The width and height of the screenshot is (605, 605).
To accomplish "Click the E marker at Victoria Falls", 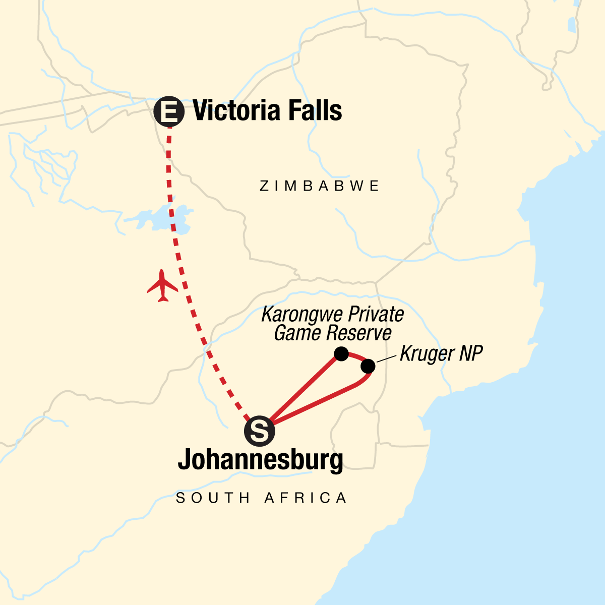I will coord(168,111).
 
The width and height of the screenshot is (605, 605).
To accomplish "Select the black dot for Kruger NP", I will coord(368,366).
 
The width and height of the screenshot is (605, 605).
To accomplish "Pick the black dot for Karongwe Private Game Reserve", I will coord(341,354).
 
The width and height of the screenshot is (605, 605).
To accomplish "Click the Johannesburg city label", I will coord(260,460).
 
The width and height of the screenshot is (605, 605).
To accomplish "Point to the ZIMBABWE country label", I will coord(320,186).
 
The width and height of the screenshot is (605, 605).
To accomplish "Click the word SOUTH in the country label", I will coord(213,498).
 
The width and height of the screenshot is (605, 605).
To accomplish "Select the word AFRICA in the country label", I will coord(306,498).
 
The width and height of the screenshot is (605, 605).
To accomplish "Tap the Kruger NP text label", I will coord(441,353).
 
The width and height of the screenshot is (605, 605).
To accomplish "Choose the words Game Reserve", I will coord(333,333).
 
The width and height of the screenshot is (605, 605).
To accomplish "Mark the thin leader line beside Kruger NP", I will coord(386,359).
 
